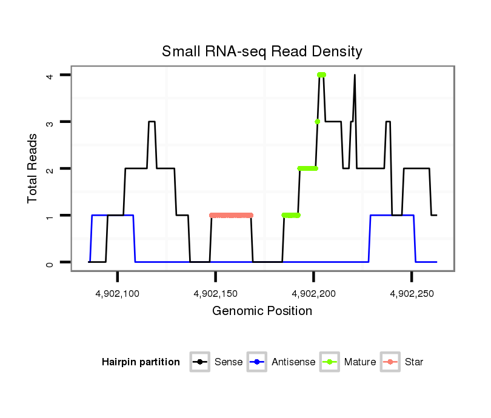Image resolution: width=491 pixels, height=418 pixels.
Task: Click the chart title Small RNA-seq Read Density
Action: pyautogui.click(x=262, y=51)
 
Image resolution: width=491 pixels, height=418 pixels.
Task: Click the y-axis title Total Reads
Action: pyautogui.click(x=34, y=168)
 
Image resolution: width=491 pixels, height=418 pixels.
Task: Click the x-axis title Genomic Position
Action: pyautogui.click(x=262, y=311)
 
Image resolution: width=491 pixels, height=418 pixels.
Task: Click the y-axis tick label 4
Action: pyautogui.click(x=51, y=75)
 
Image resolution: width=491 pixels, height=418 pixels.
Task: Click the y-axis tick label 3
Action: pyautogui.click(x=51, y=122)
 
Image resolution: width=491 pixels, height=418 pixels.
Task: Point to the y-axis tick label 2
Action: pyautogui.click(x=51, y=168)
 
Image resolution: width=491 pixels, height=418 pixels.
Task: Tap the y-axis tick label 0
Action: pyautogui.click(x=51, y=262)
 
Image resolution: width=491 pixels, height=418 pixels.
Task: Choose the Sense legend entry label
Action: pyautogui.click(x=229, y=362)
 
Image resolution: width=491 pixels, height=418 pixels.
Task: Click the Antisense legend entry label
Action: pyautogui.click(x=293, y=362)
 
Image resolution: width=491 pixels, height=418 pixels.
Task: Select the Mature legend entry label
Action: pyautogui.click(x=359, y=362)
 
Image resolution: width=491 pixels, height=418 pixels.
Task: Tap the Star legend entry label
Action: pyautogui.click(x=414, y=362)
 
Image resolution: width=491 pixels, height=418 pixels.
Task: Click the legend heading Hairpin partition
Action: pyautogui.click(x=141, y=362)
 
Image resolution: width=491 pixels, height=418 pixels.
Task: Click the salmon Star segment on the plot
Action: pyautogui.click(x=231, y=215)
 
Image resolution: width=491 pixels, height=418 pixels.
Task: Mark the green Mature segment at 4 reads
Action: pyautogui.click(x=321, y=75)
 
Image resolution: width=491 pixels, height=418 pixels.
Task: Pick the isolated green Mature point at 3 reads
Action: pyautogui.click(x=317, y=122)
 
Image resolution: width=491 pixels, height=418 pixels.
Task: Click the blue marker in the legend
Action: pyautogui.click(x=258, y=362)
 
